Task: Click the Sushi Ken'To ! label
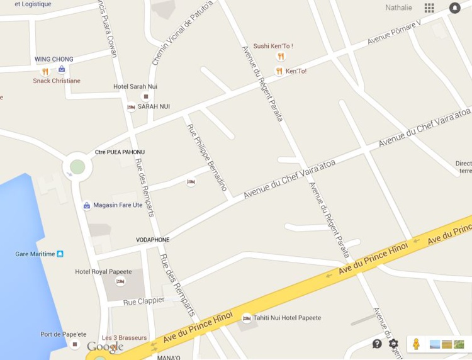(273, 46)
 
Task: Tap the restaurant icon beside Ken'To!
(279, 71)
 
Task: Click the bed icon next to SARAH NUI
(131, 107)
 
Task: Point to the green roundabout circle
(77, 167)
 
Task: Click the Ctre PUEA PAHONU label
(120, 152)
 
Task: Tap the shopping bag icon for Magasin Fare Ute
(87, 205)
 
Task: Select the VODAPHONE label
(152, 240)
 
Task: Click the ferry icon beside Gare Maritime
(60, 254)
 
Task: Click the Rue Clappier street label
(143, 301)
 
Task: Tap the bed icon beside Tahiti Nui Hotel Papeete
(247, 318)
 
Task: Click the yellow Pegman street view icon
(415, 344)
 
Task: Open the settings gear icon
(393, 344)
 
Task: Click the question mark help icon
(377, 344)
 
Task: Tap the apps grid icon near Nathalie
(429, 8)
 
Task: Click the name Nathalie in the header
(399, 8)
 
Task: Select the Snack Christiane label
(57, 81)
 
